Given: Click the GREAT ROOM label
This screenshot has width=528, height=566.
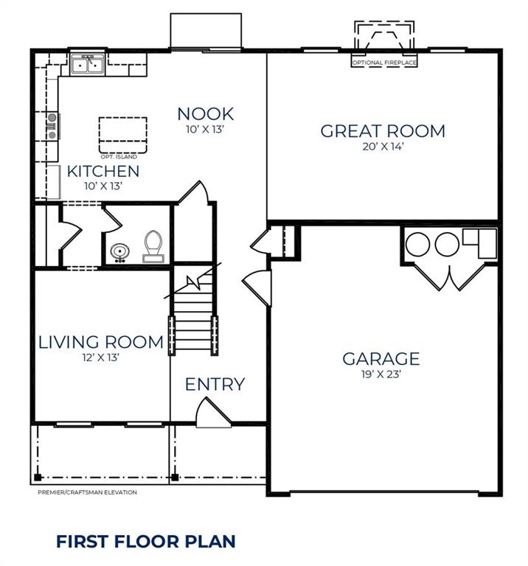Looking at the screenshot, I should [382, 131].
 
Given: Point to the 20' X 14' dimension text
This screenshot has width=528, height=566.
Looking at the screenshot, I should [383, 147].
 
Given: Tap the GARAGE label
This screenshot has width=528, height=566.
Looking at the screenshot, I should [381, 359].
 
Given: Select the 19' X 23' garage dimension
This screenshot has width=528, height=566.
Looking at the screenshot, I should [381, 374].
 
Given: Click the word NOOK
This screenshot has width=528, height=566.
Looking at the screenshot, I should [205, 113].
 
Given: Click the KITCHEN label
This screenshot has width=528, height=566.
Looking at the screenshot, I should [103, 172].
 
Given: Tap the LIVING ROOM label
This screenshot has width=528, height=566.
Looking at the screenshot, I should [101, 342].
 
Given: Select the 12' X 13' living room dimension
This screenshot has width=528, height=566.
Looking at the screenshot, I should [101, 357].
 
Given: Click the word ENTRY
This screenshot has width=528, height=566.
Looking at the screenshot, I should [215, 384].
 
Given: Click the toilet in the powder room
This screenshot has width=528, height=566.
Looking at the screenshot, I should [153, 246].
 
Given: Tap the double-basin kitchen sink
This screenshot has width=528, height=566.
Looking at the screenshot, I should [88, 66].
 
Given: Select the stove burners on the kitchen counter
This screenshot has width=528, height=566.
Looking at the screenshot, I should [52, 125].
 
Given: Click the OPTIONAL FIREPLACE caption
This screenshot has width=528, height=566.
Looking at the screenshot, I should [384, 63].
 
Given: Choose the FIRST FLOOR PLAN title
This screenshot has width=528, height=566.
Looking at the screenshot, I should [146, 542].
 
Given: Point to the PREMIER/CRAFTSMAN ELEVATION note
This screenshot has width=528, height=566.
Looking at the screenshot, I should [87, 492].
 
